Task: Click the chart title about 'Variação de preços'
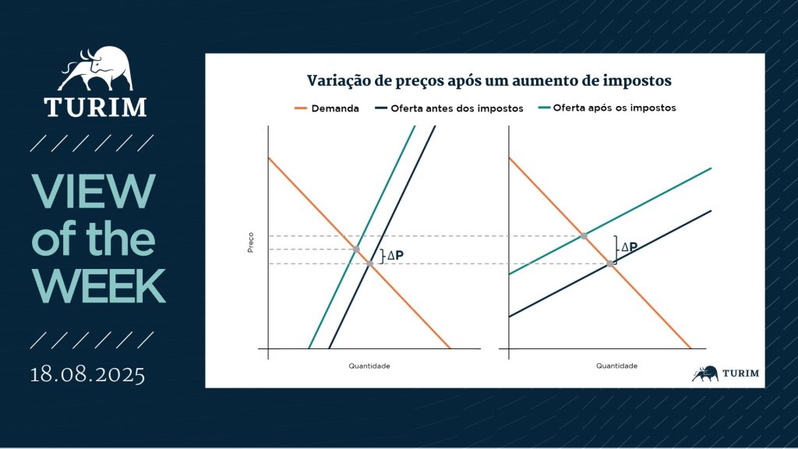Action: coord(489,81)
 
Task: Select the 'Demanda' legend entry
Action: coord(327,108)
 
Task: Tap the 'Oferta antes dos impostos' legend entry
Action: coord(449,108)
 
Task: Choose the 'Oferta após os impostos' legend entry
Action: coord(607,108)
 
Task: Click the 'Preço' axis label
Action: coord(250,242)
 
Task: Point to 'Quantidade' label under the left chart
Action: coord(369,366)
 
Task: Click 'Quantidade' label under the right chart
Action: coord(617,366)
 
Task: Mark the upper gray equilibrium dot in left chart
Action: coord(356,249)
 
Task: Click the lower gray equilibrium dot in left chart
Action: coord(370,263)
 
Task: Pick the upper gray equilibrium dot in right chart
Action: coord(584,236)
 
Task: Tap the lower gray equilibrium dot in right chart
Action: coord(609,263)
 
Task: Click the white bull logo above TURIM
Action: coord(96,69)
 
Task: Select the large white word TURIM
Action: coord(95,107)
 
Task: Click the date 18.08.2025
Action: coord(87,375)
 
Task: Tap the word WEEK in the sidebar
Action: coord(99,286)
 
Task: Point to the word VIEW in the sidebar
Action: coord(94,192)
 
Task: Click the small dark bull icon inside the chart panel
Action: coord(704,373)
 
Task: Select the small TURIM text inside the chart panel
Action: coord(740,373)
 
